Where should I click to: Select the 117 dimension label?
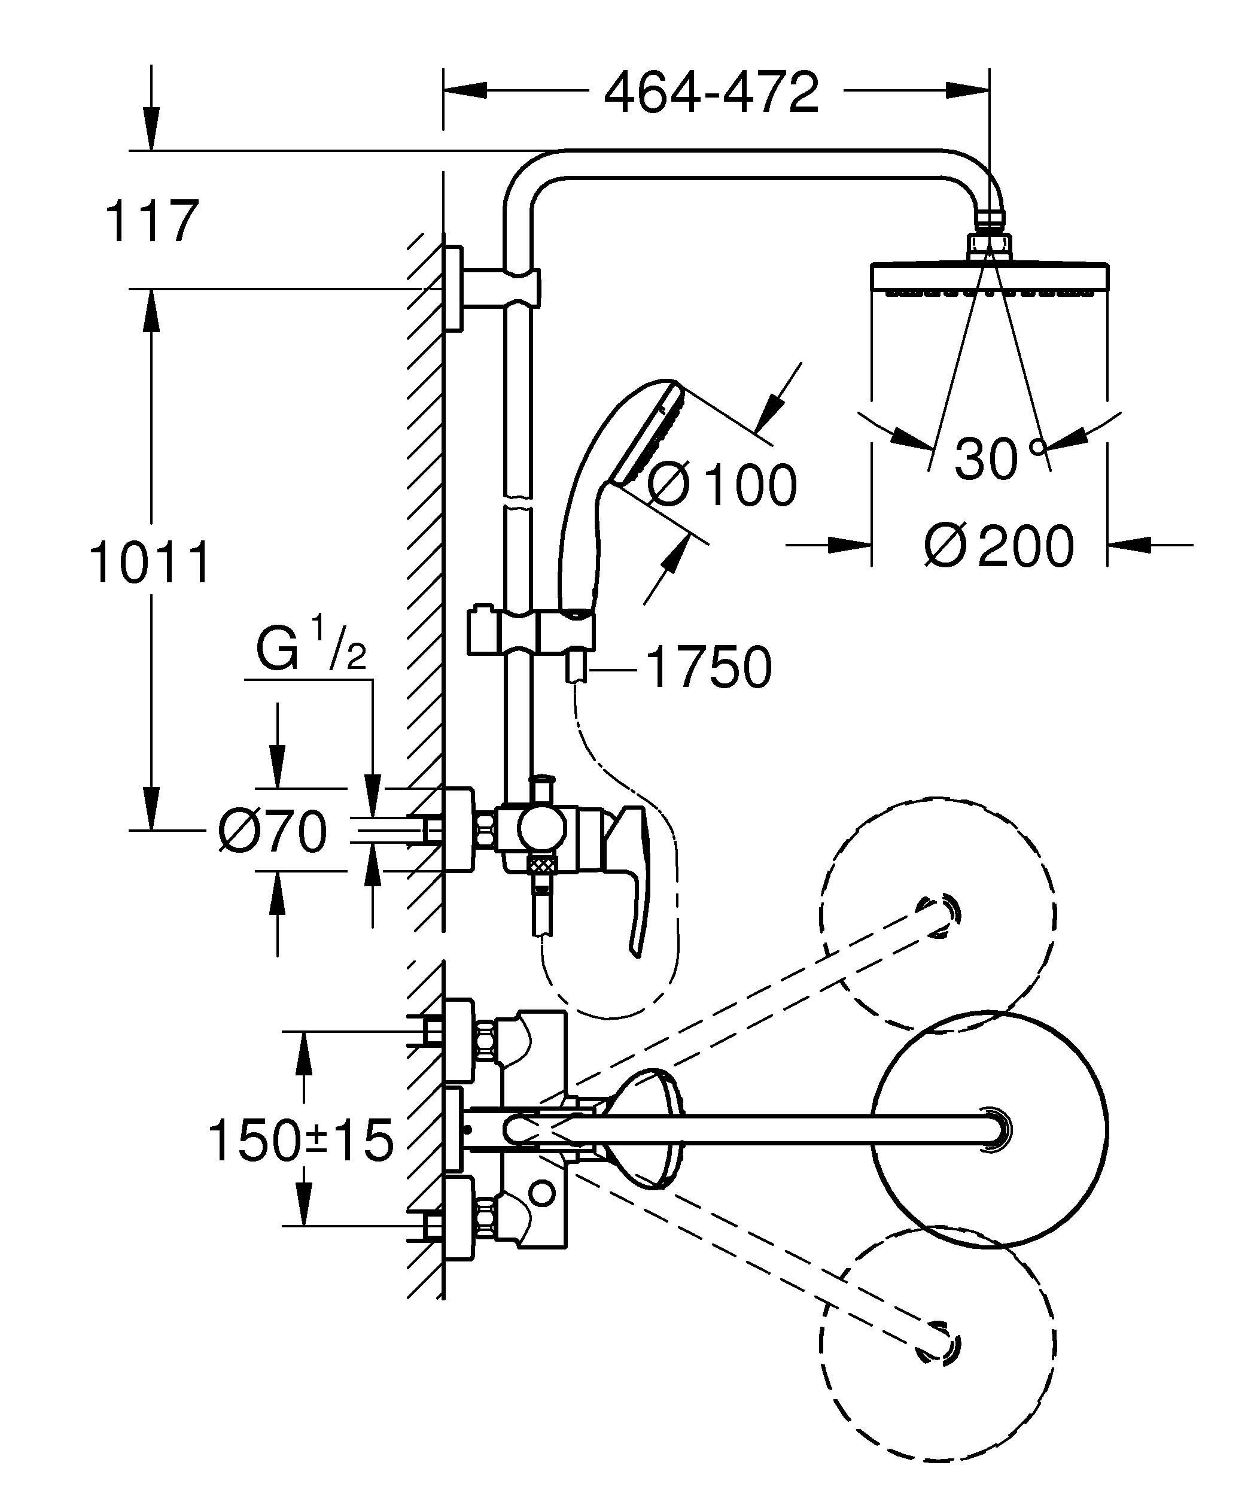click(151, 223)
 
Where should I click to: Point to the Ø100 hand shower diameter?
click(722, 484)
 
